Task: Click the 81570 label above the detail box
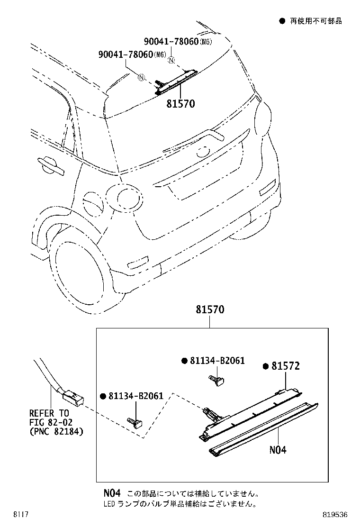coord(210,310)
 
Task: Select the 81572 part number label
coord(286,366)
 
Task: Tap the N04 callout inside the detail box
coord(278,449)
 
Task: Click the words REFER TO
coord(49,413)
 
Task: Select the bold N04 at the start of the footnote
coord(111,493)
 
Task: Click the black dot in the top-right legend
coord(282,21)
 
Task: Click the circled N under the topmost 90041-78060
coord(171,60)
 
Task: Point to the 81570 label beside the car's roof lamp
coord(180,103)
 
